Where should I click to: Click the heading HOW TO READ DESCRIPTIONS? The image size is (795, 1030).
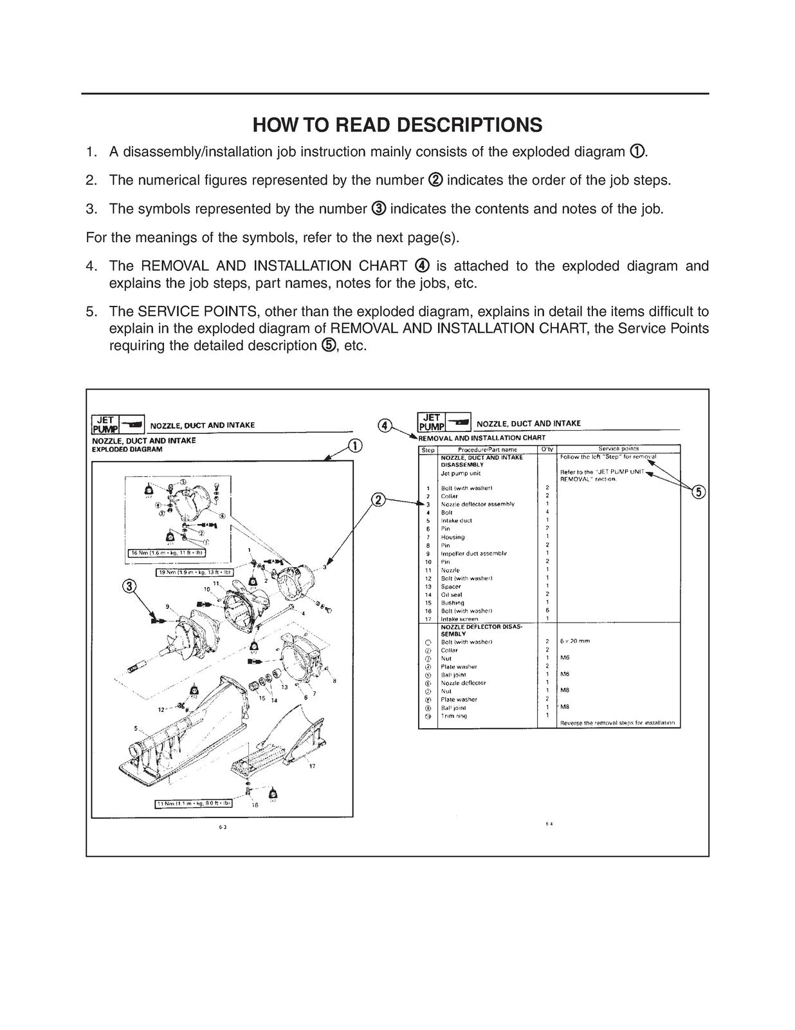(x=397, y=125)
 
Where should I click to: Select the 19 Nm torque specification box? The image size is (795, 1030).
(x=195, y=572)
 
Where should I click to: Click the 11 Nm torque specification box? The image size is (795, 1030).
(x=194, y=803)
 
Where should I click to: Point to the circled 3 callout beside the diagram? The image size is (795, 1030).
(x=130, y=586)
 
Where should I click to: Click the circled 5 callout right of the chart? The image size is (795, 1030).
(x=699, y=492)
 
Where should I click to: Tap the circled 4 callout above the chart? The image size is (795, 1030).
(x=384, y=426)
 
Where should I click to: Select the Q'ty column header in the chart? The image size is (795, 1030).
(x=546, y=449)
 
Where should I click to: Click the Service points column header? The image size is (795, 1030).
(x=618, y=449)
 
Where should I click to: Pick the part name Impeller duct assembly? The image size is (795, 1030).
(x=473, y=554)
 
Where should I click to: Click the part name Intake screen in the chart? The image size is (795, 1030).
(x=459, y=619)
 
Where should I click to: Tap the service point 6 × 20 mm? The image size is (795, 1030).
(x=575, y=641)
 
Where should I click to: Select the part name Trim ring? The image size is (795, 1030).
(x=453, y=716)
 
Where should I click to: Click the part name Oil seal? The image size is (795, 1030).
(x=452, y=595)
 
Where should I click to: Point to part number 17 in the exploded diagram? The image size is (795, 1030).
(x=312, y=766)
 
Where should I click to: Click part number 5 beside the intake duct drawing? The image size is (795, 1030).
(x=136, y=729)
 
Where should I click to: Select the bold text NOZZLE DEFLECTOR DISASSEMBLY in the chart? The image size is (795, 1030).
(x=481, y=630)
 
